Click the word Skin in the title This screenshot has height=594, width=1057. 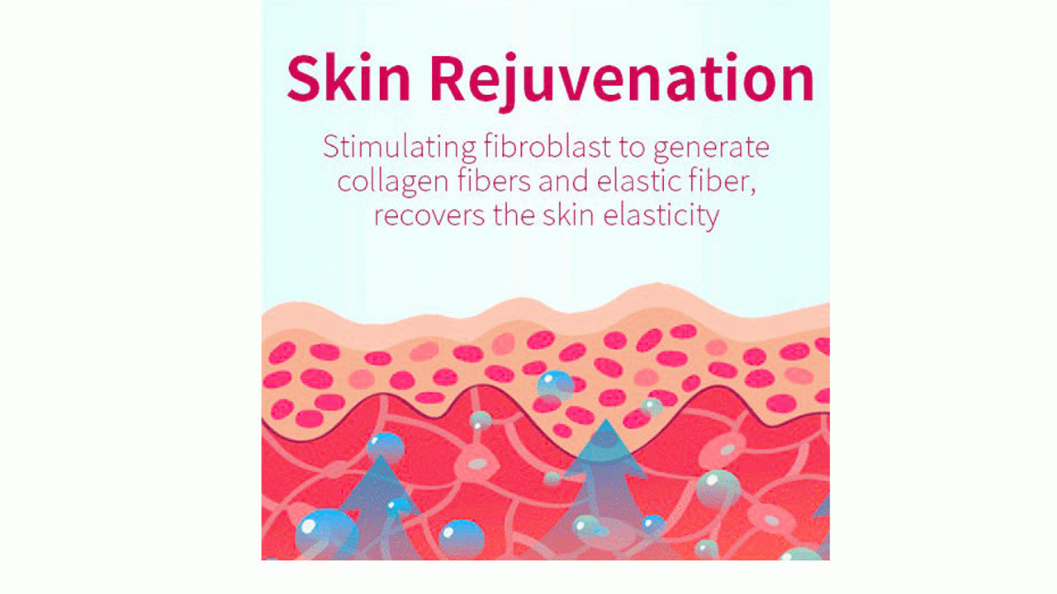348,78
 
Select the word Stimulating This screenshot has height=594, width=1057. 400,148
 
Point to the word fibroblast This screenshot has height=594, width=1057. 547,146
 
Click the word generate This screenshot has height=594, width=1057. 711,148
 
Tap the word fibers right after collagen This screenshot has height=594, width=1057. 494,181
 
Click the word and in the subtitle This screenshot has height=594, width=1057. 564,181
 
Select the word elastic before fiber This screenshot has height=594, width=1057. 639,181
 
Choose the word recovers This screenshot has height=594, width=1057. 429,216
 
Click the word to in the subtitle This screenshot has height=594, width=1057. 632,148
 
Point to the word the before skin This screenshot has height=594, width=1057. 514,215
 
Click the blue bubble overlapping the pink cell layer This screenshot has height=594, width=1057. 556,386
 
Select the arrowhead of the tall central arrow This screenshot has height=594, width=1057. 606,448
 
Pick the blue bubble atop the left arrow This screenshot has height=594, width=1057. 386,447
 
